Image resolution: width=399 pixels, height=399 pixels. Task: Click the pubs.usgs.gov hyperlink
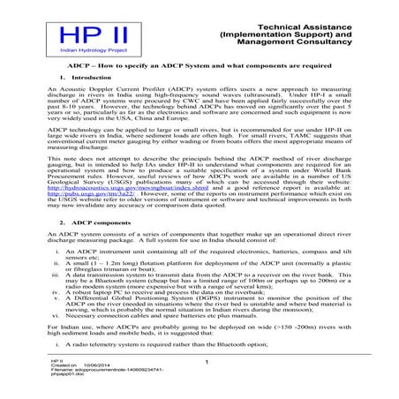tap(92, 194)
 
